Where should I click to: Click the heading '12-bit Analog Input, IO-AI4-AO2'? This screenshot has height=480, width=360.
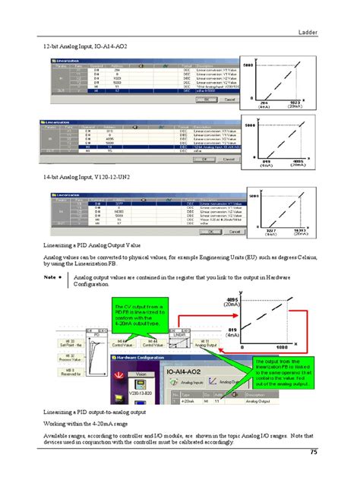pos(84,47)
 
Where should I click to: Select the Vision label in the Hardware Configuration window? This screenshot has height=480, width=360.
pos(141,374)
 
